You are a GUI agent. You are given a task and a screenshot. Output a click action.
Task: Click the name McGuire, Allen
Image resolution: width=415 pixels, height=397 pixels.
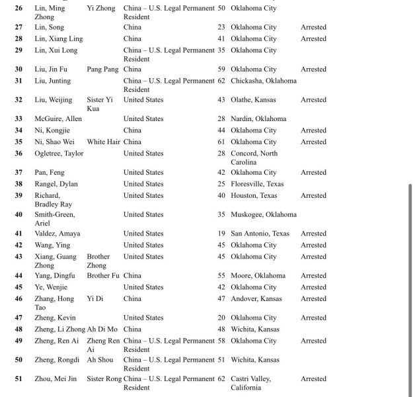point(58,119)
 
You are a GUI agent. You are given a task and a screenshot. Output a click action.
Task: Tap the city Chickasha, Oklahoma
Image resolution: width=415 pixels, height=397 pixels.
point(264,81)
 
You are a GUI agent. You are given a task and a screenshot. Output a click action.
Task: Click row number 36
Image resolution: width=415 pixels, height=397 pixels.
point(19,154)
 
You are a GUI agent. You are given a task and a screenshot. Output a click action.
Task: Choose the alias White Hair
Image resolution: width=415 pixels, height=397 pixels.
point(104,142)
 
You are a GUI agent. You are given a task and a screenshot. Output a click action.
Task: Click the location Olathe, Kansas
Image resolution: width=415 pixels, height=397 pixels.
point(253,100)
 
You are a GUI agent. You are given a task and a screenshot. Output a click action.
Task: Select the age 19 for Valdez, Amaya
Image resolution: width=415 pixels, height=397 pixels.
point(221,234)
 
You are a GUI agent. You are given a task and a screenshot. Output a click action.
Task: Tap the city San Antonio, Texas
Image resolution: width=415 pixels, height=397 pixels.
point(260,234)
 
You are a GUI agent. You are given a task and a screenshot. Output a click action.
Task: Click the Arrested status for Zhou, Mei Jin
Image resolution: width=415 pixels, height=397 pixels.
point(313,379)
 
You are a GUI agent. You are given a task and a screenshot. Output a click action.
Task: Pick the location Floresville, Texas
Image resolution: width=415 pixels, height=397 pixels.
point(258,183)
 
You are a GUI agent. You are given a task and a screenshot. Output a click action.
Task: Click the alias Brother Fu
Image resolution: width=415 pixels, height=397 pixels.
point(103,275)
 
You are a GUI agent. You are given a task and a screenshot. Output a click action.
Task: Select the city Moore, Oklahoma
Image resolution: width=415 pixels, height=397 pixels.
point(258,275)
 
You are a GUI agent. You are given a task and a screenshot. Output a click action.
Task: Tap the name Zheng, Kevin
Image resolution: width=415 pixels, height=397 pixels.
point(56,318)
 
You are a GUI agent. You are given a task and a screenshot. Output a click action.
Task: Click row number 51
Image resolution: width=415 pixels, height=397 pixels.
point(19,379)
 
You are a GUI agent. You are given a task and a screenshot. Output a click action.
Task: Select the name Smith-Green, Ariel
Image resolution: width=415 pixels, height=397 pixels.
point(55,218)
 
